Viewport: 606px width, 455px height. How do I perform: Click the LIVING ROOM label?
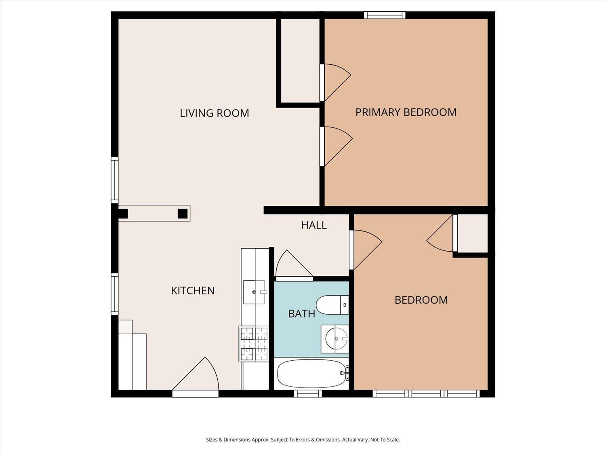click(x=214, y=113)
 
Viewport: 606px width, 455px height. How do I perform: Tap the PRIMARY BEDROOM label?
click(x=406, y=112)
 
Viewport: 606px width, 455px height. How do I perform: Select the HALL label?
click(x=314, y=225)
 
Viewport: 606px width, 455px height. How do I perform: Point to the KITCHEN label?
click(x=193, y=290)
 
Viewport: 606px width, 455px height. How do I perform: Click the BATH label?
click(x=301, y=313)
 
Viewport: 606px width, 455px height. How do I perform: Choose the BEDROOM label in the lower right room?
click(x=421, y=300)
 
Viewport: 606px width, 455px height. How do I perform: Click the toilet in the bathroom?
click(x=332, y=305)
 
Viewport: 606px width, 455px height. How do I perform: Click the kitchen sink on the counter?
click(x=254, y=292)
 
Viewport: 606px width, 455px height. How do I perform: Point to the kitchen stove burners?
click(x=254, y=344)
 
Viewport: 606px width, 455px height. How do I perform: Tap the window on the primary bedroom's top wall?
click(x=384, y=15)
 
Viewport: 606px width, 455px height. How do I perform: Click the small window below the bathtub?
click(x=308, y=393)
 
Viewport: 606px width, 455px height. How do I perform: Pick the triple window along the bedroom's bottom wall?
click(x=426, y=393)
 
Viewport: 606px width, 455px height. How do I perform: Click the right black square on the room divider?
click(x=183, y=213)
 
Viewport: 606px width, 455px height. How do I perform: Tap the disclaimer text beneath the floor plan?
click(x=303, y=440)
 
